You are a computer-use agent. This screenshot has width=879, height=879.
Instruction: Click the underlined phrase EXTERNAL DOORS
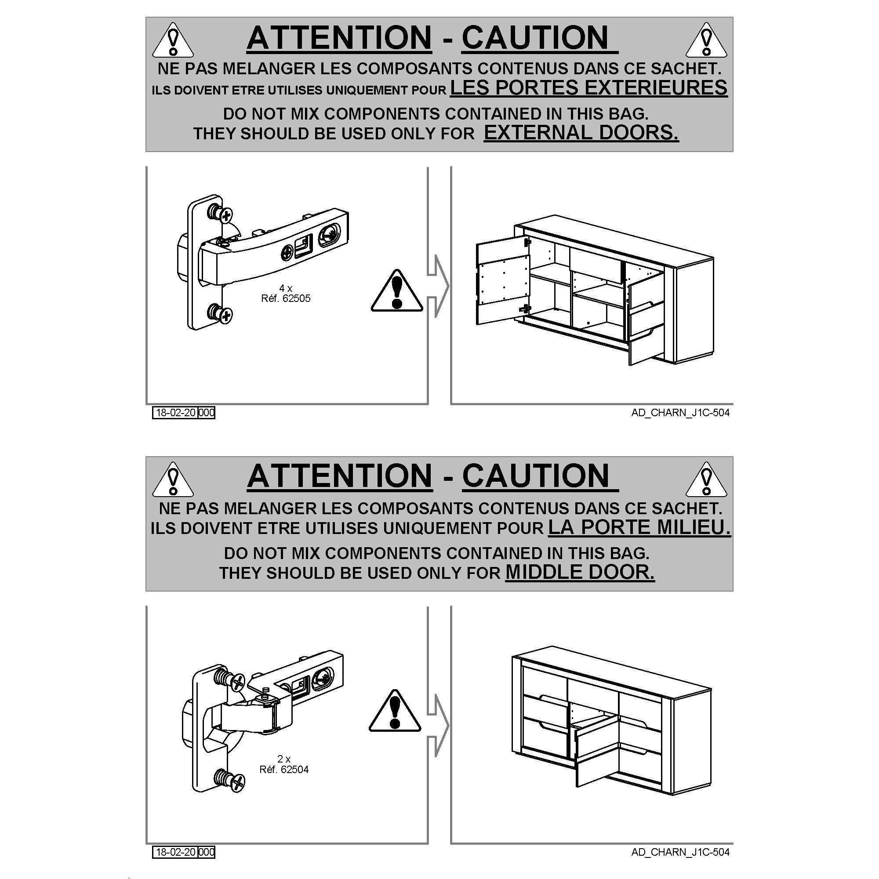tap(581, 132)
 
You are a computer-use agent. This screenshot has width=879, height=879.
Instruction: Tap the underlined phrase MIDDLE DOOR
tap(580, 572)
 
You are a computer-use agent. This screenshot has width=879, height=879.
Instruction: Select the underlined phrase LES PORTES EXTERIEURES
tap(589, 87)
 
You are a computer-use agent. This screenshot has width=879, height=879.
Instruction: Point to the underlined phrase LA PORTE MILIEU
tap(639, 527)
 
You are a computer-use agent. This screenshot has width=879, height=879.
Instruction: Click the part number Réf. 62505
tap(286, 298)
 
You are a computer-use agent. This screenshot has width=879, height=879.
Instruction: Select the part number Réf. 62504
tap(284, 770)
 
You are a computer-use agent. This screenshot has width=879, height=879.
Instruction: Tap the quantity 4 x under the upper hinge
tap(286, 288)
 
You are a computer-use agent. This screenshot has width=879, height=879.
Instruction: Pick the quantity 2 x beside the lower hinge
tap(284, 759)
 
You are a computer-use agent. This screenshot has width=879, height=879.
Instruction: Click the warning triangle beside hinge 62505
tap(397, 291)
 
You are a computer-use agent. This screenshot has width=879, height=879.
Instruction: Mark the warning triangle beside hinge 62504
tap(395, 711)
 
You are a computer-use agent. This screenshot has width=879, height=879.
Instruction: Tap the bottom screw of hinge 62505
tap(220, 313)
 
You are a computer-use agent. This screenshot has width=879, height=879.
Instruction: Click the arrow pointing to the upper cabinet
tap(438, 286)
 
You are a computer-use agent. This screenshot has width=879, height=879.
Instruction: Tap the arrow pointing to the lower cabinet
tap(438, 726)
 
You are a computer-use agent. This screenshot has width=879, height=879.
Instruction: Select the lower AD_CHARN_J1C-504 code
tap(680, 852)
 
